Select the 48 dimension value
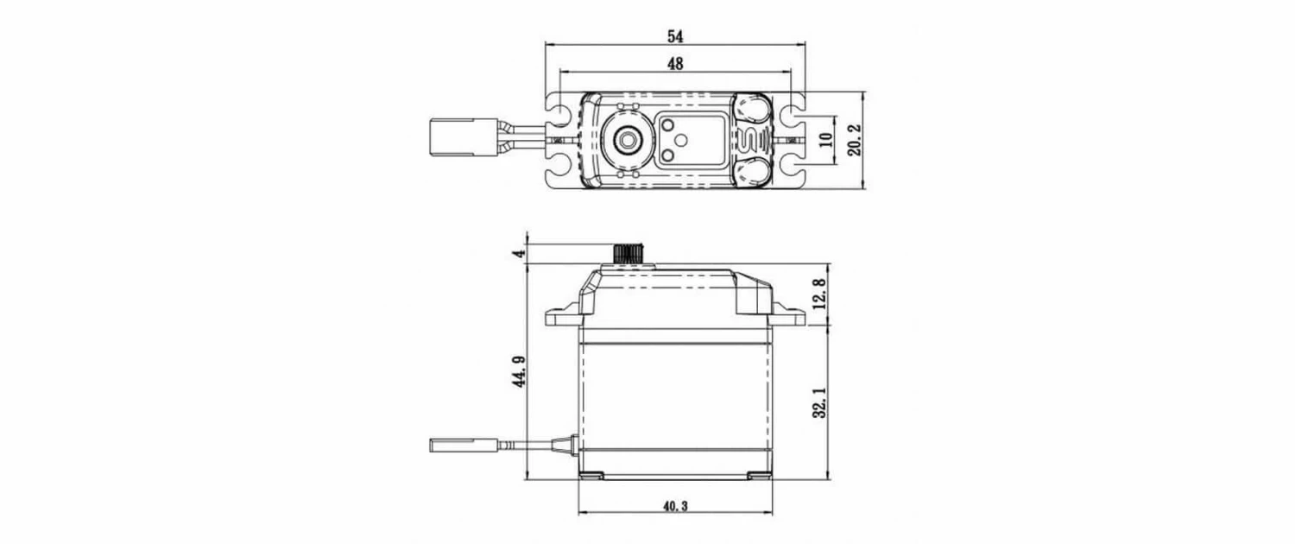pyautogui.click(x=675, y=64)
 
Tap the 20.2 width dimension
pyautogui.click(x=854, y=140)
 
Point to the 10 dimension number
pyautogui.click(x=824, y=140)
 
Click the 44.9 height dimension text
pyautogui.click(x=520, y=370)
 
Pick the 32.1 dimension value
pyautogui.click(x=819, y=402)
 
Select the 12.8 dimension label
pyautogui.click(x=819, y=294)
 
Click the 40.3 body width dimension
pyautogui.click(x=675, y=506)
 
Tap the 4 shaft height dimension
pyautogui.click(x=519, y=253)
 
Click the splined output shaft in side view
pyautogui.click(x=629, y=254)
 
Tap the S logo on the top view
pyautogui.click(x=750, y=139)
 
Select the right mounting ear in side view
pyautogui.click(x=788, y=317)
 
